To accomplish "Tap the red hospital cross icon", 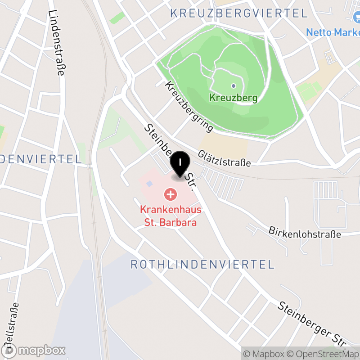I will tap(171, 195).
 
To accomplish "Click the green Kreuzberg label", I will tap(233, 98).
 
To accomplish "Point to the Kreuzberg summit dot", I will tap(233, 85).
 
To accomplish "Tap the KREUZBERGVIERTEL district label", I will tap(239, 13).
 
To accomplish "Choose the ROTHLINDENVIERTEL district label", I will tap(202, 264).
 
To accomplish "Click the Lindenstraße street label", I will tap(56, 43).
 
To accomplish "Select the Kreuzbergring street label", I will tap(189, 107).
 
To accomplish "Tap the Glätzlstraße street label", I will tap(224, 158).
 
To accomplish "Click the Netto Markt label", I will tap(333, 32).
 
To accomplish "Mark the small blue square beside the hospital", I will tap(149, 184).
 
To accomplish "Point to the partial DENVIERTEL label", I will tap(41, 159).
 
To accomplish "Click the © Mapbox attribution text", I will tap(265, 353).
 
